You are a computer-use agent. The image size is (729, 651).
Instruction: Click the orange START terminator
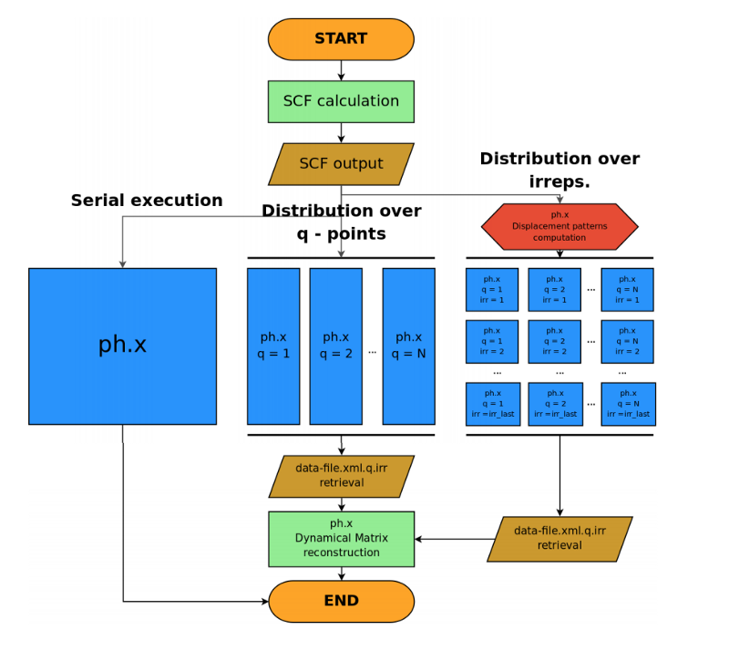point(341,39)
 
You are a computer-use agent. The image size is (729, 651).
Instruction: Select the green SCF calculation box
point(341,101)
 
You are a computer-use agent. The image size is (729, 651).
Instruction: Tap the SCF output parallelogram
point(341,164)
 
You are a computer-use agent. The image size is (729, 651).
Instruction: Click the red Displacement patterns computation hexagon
point(560,227)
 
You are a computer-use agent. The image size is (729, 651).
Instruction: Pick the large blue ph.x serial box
point(122,346)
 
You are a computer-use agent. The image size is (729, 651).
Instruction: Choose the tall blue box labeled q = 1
point(273,346)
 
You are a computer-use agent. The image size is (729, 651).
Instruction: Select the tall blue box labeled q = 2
point(335,346)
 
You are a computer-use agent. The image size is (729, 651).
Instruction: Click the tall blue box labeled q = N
point(408,346)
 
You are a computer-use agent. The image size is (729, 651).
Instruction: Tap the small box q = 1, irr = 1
point(492,289)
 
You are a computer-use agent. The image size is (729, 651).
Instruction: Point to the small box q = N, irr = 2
point(627,342)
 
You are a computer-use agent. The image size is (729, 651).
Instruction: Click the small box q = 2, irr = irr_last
point(555,404)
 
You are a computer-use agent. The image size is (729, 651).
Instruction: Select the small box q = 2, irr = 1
point(554,289)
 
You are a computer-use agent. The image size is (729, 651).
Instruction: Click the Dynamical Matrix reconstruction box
point(341,539)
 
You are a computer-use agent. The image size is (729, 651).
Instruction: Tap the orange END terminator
point(341,601)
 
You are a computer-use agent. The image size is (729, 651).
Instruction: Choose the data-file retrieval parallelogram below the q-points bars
point(341,476)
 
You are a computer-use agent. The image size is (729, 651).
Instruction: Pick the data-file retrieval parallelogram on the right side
point(560,539)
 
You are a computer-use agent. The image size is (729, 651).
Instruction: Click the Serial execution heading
point(147,200)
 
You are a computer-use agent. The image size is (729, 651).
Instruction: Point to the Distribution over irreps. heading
point(560,170)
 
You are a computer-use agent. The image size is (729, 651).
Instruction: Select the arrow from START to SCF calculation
point(341,70)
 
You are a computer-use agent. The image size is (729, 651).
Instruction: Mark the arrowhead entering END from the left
point(265,601)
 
